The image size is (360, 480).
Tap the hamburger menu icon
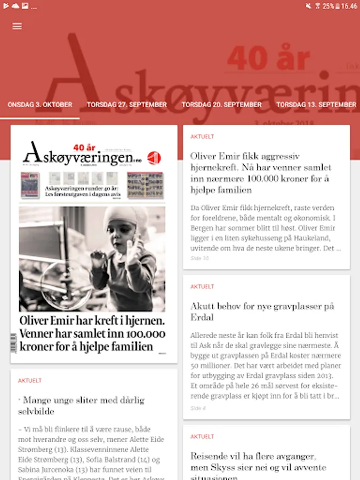click(17, 26)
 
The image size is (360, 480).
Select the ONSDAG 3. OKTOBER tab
click(40, 105)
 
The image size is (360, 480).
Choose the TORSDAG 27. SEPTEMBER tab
click(127, 105)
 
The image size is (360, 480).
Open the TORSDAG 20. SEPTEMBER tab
click(221, 105)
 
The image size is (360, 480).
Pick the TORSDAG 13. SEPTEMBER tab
click(316, 105)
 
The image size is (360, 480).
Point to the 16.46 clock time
click(349, 6)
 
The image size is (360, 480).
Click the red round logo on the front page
click(154, 157)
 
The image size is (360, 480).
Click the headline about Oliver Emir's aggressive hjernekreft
click(261, 173)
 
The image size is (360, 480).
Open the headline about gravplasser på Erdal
click(262, 311)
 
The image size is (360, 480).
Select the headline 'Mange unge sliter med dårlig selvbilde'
click(82, 405)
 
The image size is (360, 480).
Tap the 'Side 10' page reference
click(199, 258)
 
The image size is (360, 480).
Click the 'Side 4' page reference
click(197, 409)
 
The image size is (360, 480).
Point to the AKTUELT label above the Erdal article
click(202, 287)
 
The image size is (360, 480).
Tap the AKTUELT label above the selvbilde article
click(30, 381)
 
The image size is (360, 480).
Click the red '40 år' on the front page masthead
click(87, 147)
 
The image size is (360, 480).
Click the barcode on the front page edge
click(14, 342)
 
